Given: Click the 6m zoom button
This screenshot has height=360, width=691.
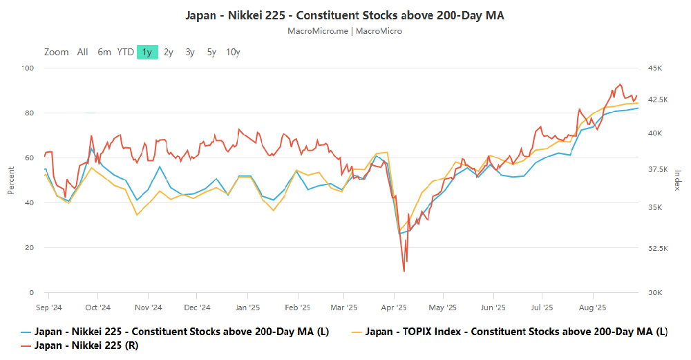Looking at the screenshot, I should [104, 52].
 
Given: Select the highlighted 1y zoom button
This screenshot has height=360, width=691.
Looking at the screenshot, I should [147, 52].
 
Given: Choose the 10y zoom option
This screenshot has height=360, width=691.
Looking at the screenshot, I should [233, 52].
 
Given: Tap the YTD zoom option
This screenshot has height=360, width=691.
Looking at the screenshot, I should [125, 52].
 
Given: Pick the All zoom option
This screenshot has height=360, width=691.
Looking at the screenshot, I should [83, 52].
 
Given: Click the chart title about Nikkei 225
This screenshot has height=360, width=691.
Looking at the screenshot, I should [345, 15].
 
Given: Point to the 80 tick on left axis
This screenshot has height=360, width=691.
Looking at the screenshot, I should [28, 113].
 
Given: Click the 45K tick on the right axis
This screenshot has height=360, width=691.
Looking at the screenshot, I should [655, 68].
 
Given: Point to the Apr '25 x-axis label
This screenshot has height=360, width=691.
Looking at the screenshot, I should [394, 307].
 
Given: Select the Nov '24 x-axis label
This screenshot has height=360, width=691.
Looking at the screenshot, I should [148, 307].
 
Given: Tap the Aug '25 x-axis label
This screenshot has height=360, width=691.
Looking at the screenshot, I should [592, 307].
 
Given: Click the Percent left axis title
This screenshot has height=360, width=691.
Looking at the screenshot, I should [11, 180].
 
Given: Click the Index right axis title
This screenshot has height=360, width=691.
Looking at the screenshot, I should [678, 180].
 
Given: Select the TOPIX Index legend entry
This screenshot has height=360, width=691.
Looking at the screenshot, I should [515, 332].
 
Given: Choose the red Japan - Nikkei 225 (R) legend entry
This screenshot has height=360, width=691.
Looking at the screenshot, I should [86, 345].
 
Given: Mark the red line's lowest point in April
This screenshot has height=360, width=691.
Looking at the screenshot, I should [404, 271].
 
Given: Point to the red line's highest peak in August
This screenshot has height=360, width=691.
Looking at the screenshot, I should [620, 84].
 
